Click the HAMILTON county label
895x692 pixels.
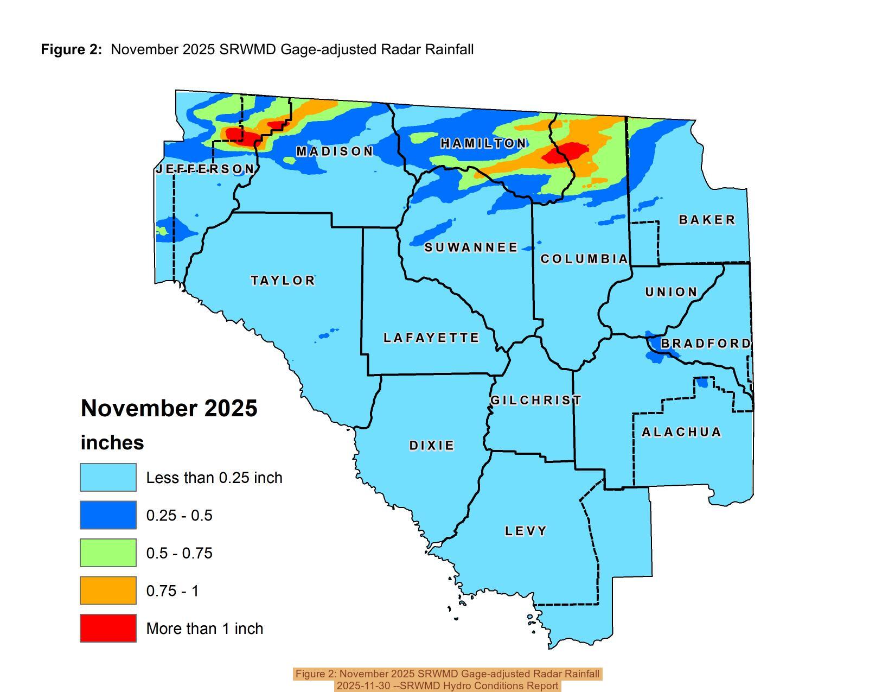pos(483,143)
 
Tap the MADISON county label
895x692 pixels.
pos(335,151)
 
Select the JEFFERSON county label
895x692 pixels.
pos(204,169)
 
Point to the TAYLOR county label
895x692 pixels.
pos(283,281)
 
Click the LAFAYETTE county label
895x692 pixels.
pos(431,338)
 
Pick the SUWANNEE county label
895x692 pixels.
pos(471,247)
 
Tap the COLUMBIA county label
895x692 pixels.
pos(584,259)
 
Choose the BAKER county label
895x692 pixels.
pos(707,220)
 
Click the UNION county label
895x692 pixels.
pos(671,292)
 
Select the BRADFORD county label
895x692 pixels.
pos(705,344)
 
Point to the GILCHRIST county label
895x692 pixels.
pos(535,401)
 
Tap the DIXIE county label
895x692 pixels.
pos(431,446)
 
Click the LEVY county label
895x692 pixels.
pos(526,531)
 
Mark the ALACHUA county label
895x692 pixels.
pos(681,432)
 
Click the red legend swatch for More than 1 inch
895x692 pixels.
pos(108,628)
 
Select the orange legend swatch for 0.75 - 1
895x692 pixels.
pos(108,591)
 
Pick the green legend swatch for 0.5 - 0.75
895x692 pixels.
pos(108,553)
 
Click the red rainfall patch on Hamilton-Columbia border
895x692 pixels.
pos(565,153)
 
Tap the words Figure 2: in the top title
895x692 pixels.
pos(71,49)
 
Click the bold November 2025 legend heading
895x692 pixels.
pos(169,408)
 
